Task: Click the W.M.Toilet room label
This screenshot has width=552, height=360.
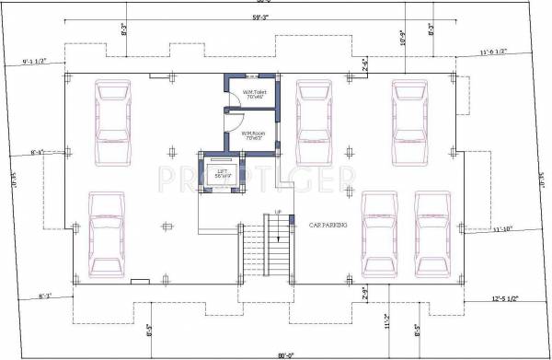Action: pos(254,94)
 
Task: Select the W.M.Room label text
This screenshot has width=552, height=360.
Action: pos(253,135)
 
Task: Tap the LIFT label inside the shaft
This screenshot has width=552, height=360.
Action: pos(220,171)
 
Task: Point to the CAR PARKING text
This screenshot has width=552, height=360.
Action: pos(327,224)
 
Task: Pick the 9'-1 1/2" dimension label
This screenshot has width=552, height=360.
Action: pos(40,63)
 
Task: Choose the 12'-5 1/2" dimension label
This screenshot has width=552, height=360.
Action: pos(506,297)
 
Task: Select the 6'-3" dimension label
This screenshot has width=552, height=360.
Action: pos(46,296)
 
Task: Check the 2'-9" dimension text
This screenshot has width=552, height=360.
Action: pos(364,294)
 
